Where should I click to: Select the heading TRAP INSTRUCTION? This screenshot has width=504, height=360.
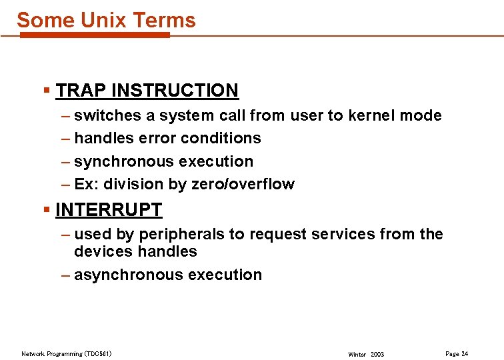coord(147,90)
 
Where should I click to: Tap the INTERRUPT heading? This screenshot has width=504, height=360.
coord(109,209)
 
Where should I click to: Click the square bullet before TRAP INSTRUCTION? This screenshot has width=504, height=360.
coord(46,90)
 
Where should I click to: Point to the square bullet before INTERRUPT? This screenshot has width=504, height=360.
coord(46,209)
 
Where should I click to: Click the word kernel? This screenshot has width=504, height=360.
coord(371,115)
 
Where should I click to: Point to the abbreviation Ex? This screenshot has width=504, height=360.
coord(86,184)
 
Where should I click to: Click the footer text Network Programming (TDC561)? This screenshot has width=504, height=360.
coord(67,353)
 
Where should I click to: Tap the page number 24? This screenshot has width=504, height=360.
coord(465,353)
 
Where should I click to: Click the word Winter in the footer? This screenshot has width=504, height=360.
coord(357,354)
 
